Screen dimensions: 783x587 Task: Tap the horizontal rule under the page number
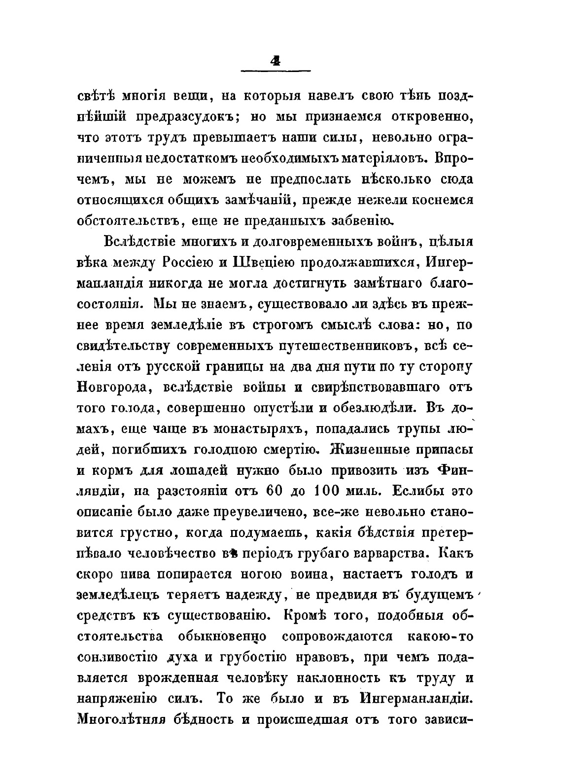tap(275, 71)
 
